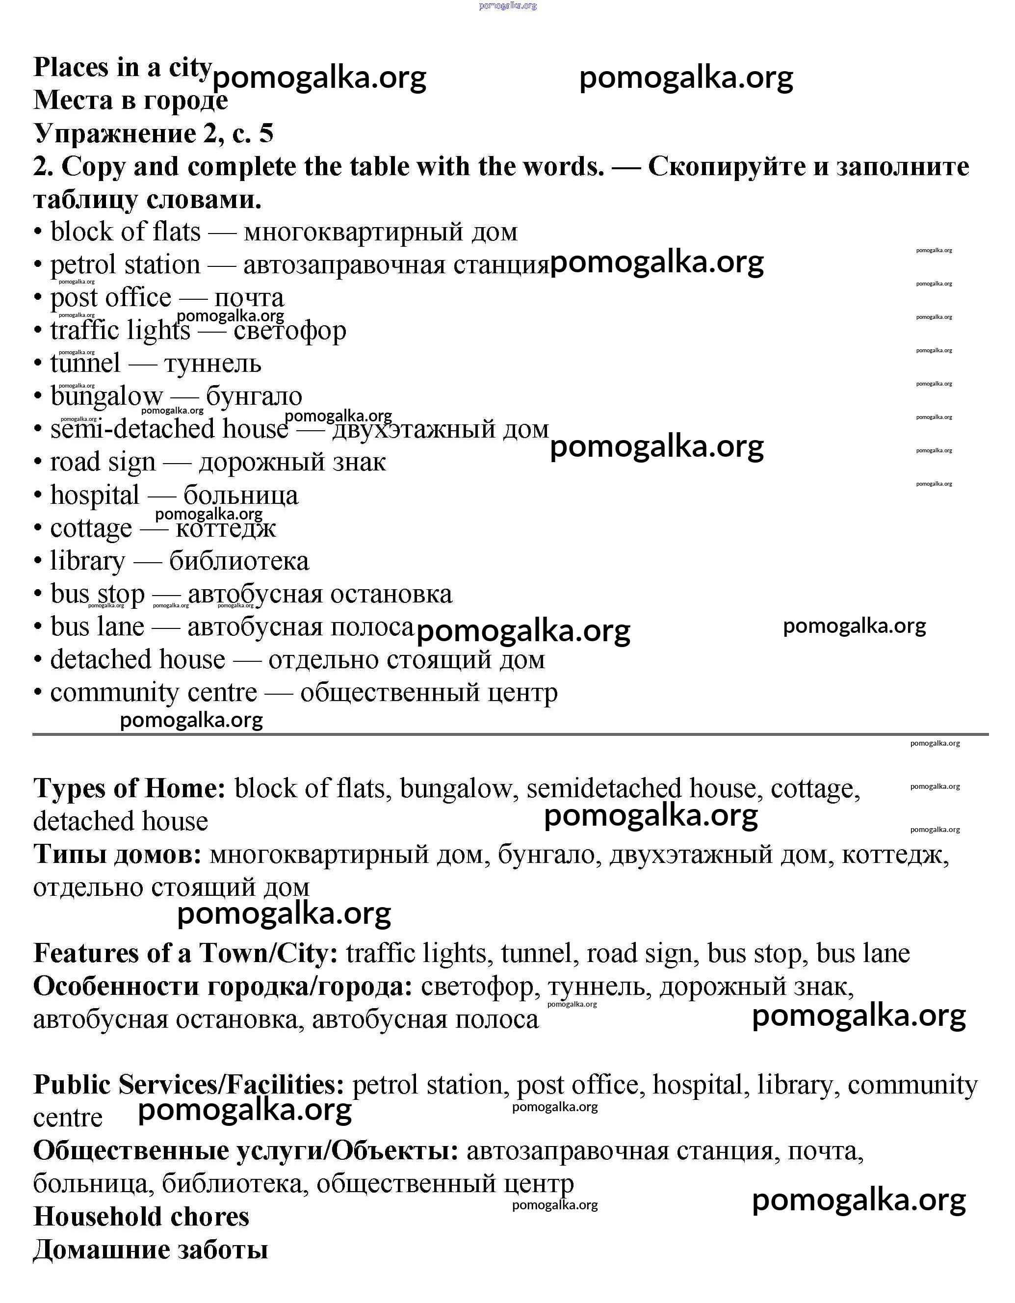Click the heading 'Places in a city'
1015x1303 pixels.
point(122,67)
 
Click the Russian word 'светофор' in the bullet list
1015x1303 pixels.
point(289,331)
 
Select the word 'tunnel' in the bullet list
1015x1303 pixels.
point(85,364)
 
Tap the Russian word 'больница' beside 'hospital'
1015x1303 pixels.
point(240,495)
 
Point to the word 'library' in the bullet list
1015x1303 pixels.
point(88,561)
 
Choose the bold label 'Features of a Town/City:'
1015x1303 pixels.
point(185,953)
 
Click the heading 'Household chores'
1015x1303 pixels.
point(141,1217)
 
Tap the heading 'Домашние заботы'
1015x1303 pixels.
point(151,1250)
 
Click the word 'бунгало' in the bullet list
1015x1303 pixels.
point(254,396)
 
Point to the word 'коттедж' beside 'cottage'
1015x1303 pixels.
point(226,528)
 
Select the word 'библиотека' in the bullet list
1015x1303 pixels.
point(239,561)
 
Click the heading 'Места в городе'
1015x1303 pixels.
point(130,100)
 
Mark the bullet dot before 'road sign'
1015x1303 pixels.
point(38,462)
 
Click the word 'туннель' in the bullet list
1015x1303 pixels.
point(212,364)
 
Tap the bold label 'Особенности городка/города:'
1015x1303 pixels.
point(223,986)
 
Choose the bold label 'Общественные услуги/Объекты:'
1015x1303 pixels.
point(246,1150)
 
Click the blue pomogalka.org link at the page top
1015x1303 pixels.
point(508,5)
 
